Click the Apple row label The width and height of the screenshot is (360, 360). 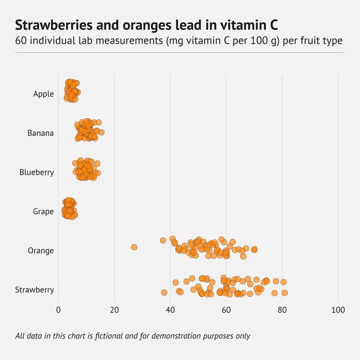pyautogui.click(x=43, y=94)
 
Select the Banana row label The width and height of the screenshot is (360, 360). pyautogui.click(x=40, y=133)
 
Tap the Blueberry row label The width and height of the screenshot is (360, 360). pyautogui.click(x=37, y=172)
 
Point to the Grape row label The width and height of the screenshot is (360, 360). pyautogui.click(x=43, y=211)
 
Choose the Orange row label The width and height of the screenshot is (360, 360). pyautogui.click(x=41, y=250)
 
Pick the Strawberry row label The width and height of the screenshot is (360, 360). pyautogui.click(x=34, y=290)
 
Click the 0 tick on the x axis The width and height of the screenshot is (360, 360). pyautogui.click(x=58, y=310)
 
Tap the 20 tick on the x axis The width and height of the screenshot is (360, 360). pyautogui.click(x=114, y=310)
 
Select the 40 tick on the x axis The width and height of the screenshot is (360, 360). pyautogui.click(x=170, y=310)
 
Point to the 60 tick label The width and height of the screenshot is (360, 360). pyautogui.click(x=226, y=310)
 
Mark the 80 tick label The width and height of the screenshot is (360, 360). pyautogui.click(x=282, y=310)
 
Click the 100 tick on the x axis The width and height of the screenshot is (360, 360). pyautogui.click(x=338, y=310)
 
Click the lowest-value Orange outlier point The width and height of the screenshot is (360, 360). pyautogui.click(x=134, y=247)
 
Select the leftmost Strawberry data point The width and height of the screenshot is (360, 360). pyautogui.click(x=164, y=292)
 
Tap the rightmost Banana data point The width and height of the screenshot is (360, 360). pyautogui.click(x=101, y=132)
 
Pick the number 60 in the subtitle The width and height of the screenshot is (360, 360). pyautogui.click(x=22, y=41)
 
